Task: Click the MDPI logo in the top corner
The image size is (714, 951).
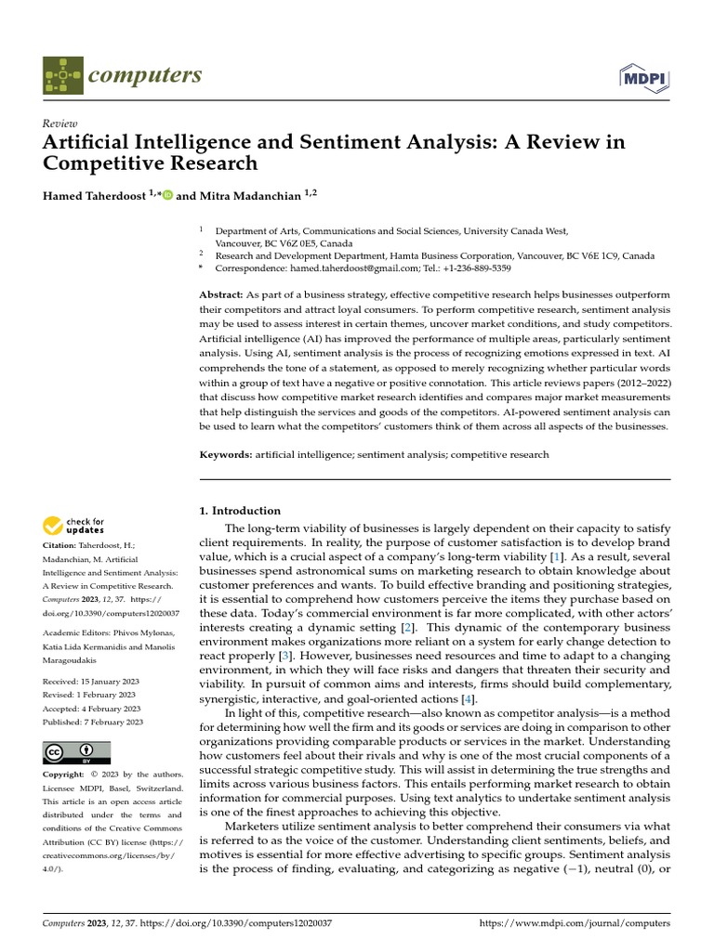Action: click(x=643, y=75)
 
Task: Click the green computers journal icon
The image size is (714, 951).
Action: click(x=62, y=75)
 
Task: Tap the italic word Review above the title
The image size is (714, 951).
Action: click(x=60, y=124)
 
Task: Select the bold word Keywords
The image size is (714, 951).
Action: click(x=226, y=454)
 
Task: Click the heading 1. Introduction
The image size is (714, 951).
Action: click(x=241, y=511)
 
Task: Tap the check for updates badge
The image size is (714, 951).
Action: click(x=74, y=527)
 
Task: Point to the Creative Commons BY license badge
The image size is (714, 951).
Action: click(x=76, y=752)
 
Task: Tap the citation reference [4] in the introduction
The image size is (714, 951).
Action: click(x=470, y=697)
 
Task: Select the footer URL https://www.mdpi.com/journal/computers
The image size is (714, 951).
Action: click(x=574, y=924)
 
